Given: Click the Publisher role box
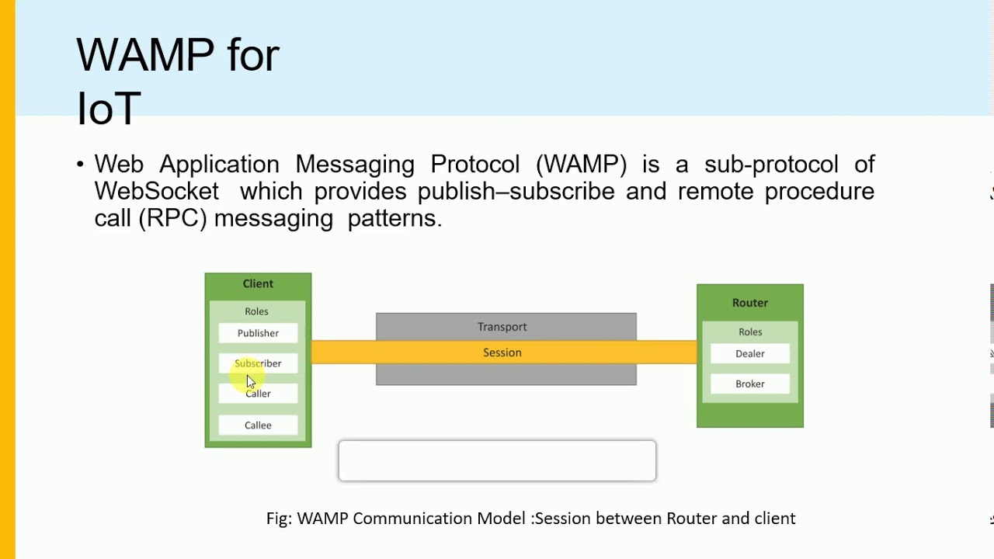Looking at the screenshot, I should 258,333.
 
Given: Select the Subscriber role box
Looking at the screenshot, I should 258,363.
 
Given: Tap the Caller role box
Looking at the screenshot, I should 258,394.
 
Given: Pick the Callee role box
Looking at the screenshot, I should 258,425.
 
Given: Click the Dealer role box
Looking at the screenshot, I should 750,354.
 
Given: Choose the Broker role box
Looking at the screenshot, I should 750,384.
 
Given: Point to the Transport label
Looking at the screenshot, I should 502,327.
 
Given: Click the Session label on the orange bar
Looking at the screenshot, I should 502,352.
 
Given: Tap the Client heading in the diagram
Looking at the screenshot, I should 258,284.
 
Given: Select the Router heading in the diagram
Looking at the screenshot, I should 750,303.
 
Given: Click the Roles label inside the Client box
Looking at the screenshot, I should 256,311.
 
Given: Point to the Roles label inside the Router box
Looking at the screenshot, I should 750,332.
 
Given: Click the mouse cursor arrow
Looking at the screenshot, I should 251,381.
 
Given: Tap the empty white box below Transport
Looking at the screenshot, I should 497,461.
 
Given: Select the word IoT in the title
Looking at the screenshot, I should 108,109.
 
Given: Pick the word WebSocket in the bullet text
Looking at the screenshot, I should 156,191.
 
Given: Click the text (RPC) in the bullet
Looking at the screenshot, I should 172,218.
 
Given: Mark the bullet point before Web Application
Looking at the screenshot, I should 80,165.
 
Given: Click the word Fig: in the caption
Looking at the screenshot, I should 279,519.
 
